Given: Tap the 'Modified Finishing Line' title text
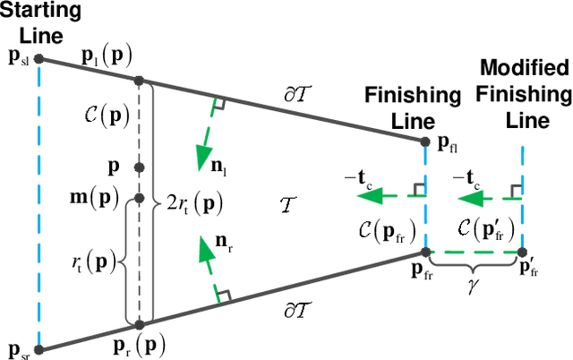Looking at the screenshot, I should coord(524,94).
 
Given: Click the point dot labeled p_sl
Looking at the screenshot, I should coord(38,59).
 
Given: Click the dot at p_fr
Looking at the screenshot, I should coord(426,253).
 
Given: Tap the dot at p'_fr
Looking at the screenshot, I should coord(522,253).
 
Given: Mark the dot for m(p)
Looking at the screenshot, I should coord(139,199).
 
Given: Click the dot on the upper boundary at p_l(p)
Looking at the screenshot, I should coord(139,80).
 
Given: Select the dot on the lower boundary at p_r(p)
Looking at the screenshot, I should coord(139,323).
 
